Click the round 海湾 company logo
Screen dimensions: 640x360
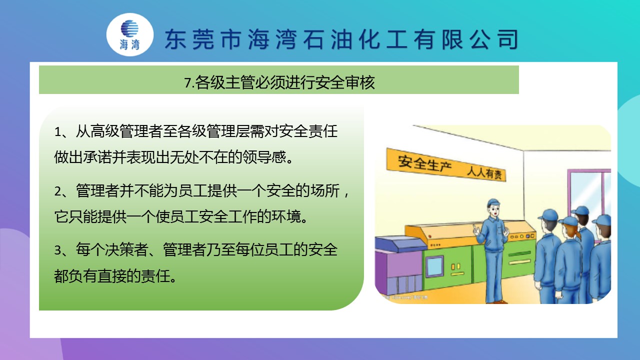(x=130, y=34)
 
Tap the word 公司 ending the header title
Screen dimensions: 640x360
(x=494, y=39)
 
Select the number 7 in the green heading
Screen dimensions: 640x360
(x=187, y=83)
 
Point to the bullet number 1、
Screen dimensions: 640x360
(x=61, y=131)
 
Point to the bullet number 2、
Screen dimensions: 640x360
(x=61, y=191)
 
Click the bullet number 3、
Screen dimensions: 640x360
(x=61, y=250)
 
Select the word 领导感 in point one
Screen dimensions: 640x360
(x=264, y=157)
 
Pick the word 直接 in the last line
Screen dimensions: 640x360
(x=112, y=276)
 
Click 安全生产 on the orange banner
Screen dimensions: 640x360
(x=424, y=163)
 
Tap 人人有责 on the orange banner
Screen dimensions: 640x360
(x=484, y=172)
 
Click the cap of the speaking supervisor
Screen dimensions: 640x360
(x=493, y=202)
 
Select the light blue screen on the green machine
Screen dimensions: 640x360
(x=434, y=266)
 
